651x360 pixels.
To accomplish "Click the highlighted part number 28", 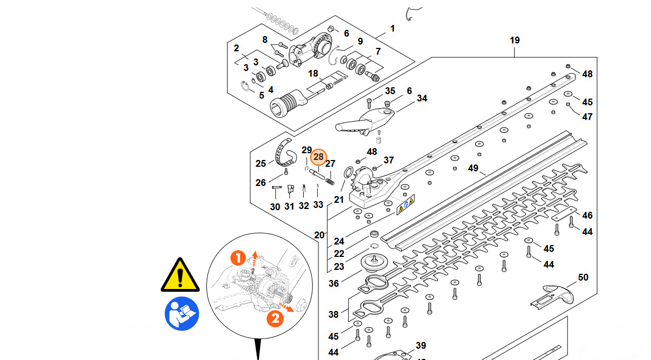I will [318, 157].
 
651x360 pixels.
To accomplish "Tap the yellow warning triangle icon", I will [180, 275].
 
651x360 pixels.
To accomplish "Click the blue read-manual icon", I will [181, 313].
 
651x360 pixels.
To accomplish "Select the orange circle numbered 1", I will [238, 259].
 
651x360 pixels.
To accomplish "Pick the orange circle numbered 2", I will [274, 319].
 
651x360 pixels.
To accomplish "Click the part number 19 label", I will [515, 41].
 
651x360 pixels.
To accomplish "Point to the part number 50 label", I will [583, 277].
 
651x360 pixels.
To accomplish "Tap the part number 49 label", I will [473, 168].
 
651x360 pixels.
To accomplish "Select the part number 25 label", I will [260, 164].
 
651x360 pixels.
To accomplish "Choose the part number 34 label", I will [422, 99].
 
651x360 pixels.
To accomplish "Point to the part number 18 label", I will [313, 74].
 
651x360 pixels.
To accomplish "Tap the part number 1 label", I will [392, 28].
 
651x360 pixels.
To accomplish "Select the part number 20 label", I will [320, 235].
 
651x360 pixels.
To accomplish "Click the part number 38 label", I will [334, 314].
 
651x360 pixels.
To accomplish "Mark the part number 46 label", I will [587, 215].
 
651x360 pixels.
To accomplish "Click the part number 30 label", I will [275, 207].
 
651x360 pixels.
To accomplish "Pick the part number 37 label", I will [388, 160].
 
